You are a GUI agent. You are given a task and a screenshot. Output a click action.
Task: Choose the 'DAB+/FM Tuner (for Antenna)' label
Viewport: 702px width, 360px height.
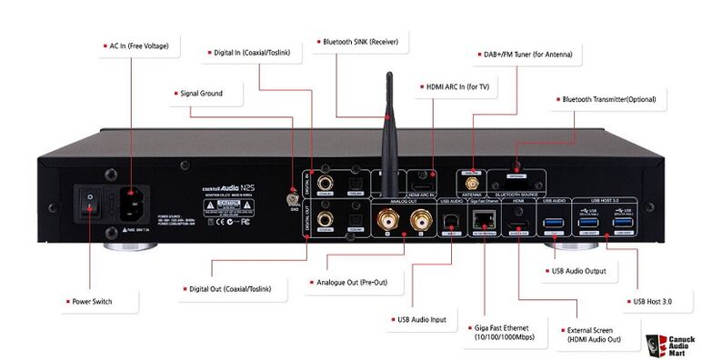point(521,54)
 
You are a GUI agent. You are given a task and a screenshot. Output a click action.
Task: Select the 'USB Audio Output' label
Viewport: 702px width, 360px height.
point(578,270)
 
